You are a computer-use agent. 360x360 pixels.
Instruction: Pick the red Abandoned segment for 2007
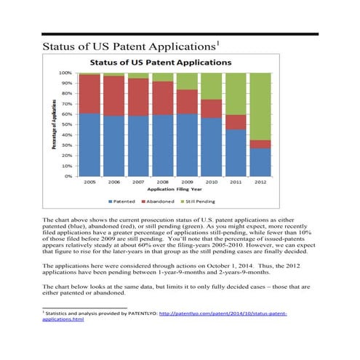tap(140, 97)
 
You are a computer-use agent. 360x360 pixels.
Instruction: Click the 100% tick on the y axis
tap(66, 73)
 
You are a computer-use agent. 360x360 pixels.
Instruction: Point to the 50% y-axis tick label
tap(68, 124)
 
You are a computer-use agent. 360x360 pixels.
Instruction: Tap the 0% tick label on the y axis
tap(69, 176)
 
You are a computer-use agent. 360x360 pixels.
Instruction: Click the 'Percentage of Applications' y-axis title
tap(55, 124)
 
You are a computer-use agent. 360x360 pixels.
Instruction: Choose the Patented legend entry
tap(124, 201)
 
